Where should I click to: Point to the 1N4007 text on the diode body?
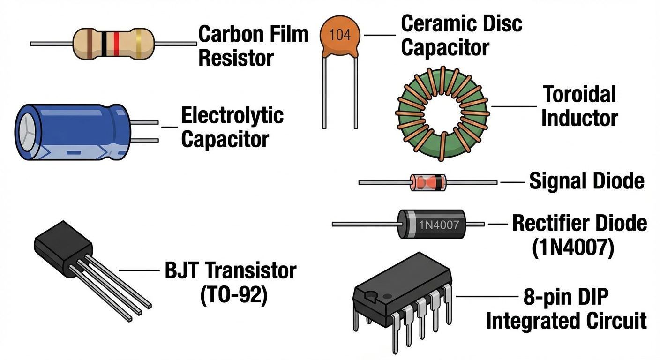439,224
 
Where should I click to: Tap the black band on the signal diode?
439,182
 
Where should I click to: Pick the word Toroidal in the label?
579,95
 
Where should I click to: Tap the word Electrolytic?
232,116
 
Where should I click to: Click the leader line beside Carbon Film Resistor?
175,44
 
